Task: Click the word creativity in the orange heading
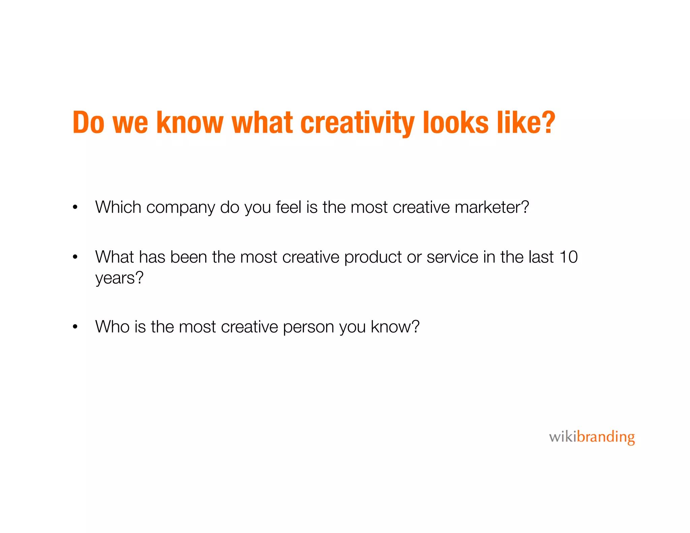(357, 123)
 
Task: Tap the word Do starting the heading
(89, 123)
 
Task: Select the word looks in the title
(456, 123)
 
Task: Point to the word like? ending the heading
(526, 123)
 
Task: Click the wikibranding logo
(592, 437)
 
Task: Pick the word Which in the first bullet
(118, 207)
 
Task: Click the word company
(180, 208)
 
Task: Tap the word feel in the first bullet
(288, 207)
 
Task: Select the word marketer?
(492, 207)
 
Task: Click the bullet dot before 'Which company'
(75, 208)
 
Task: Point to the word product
(373, 257)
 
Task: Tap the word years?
(119, 278)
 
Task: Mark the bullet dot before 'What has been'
(75, 257)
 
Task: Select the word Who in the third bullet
(113, 326)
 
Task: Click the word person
(308, 327)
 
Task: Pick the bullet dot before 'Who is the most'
(75, 327)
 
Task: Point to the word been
(189, 257)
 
